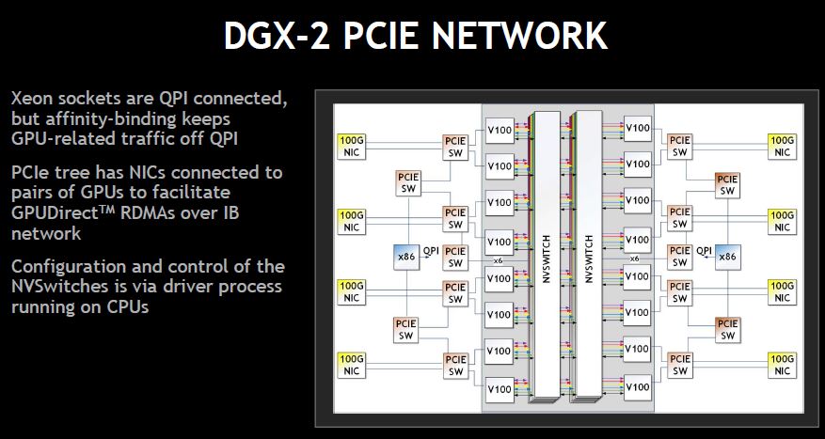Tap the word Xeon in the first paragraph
35,99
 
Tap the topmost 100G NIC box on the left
351,146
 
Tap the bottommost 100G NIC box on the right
782,365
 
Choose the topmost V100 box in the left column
500,129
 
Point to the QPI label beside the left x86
431,251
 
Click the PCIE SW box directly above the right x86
727,184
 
